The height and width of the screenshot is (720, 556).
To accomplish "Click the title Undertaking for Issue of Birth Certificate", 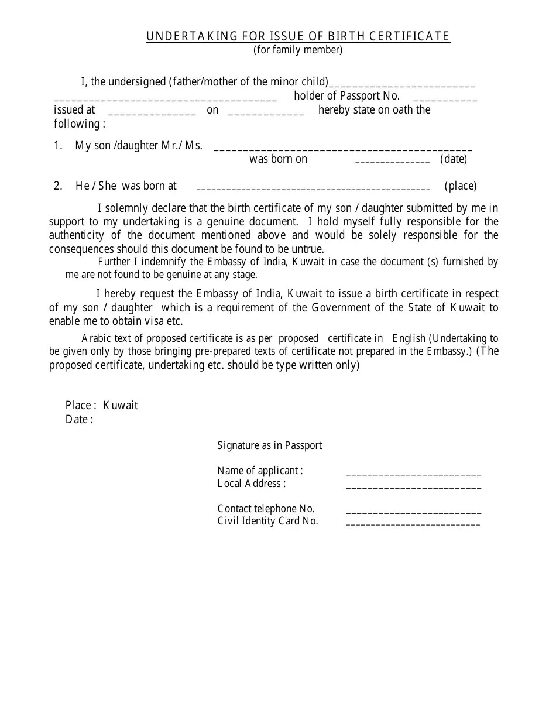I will click(298, 36).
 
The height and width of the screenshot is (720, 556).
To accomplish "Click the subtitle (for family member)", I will click(298, 50).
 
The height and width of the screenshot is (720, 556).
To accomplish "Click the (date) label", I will click(454, 159).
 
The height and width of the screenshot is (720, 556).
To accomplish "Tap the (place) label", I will click(461, 186).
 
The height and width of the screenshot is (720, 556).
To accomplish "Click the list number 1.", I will click(58, 146).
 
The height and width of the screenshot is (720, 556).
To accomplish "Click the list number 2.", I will click(58, 186).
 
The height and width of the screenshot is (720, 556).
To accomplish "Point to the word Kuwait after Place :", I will click(121, 405).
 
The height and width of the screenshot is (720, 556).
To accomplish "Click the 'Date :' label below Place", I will click(79, 419).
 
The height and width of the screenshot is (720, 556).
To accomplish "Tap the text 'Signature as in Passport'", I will click(269, 445).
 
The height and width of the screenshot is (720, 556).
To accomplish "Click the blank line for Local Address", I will click(413, 487).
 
